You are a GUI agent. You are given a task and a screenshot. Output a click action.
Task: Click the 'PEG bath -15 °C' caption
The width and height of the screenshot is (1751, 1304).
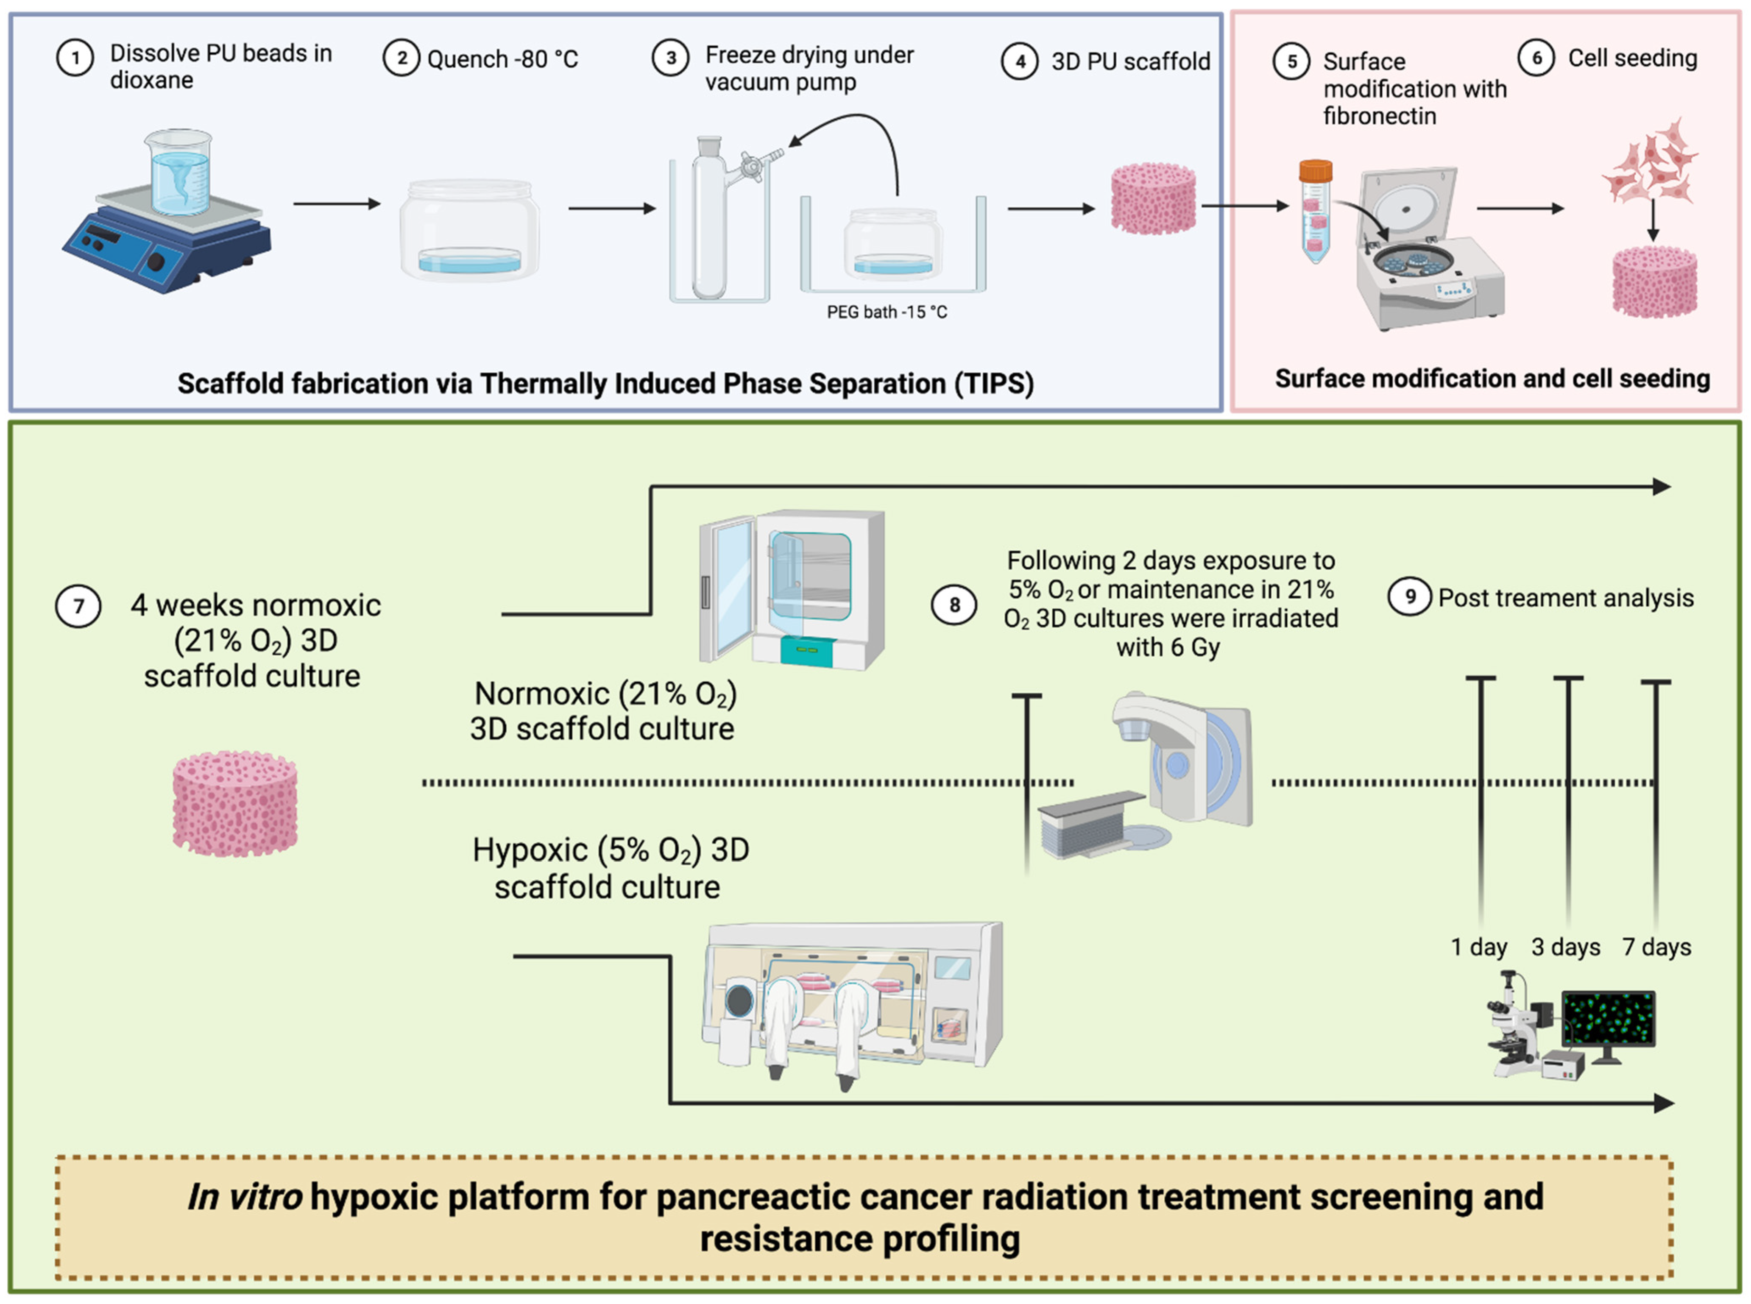pyautogui.click(x=887, y=312)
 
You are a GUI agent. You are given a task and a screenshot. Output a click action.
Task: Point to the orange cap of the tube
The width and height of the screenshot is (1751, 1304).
pyautogui.click(x=1315, y=170)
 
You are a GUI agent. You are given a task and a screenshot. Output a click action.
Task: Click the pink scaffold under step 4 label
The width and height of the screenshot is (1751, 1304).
pyautogui.click(x=1153, y=199)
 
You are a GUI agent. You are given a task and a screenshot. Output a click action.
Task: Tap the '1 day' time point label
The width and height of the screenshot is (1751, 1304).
pyautogui.click(x=1479, y=947)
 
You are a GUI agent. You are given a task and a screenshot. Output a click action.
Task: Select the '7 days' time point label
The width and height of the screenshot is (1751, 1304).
pyautogui.click(x=1656, y=947)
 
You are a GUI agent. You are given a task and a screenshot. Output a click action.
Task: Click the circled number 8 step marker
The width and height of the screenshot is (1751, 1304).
pyautogui.click(x=954, y=605)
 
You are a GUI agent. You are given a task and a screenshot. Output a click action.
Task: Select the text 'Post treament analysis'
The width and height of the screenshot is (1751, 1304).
pyautogui.click(x=1565, y=598)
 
